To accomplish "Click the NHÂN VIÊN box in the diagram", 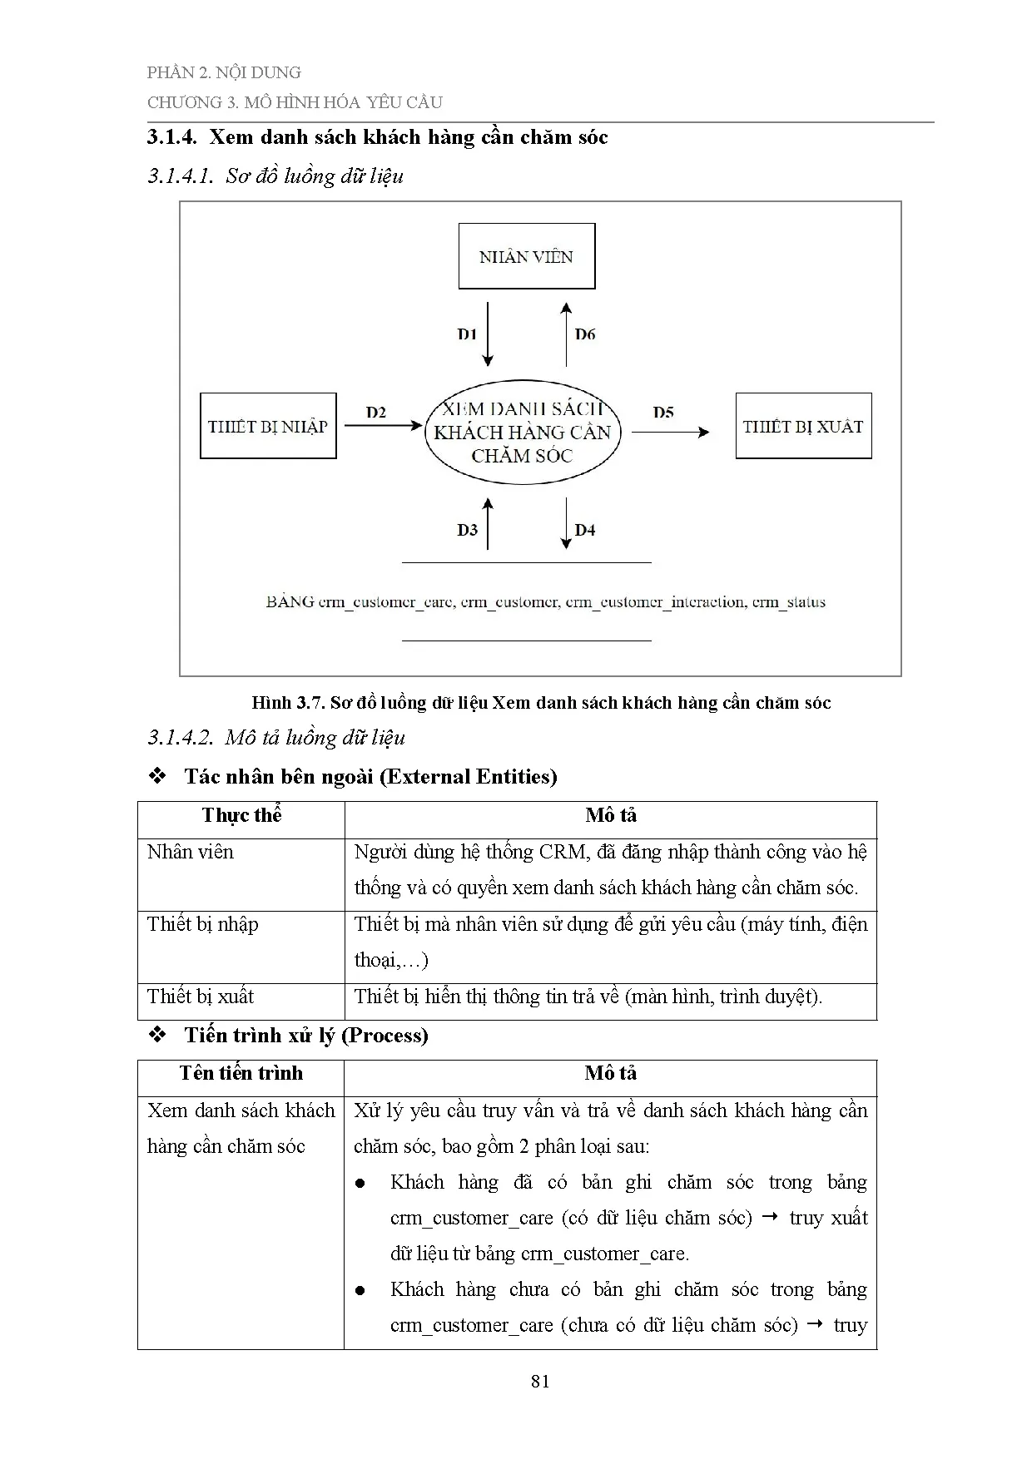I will pos(527,256).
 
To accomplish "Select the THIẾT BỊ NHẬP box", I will pos(268,426).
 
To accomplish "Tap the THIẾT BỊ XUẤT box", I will pos(803,426).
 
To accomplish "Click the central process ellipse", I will pos(523,432).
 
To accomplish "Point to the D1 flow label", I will pos(467,334).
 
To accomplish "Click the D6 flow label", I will pos(585,334).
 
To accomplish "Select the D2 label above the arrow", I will pos(376,412).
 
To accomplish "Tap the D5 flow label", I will pos(663,412).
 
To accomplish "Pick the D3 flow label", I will pos(467,530).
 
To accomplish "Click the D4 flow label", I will pos(585,530).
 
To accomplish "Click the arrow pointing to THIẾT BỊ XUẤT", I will pos(670,432).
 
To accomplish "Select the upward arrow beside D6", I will pos(566,334).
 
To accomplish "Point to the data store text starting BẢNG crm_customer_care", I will pos(545,601).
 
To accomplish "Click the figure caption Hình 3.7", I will pos(541,703).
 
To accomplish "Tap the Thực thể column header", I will pos(241,815).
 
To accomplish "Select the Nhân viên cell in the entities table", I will pos(191,852).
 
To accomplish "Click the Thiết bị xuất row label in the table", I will pos(201,997).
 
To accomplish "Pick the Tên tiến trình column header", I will pos(241,1073).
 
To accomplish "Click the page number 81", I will pos(540,1382).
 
